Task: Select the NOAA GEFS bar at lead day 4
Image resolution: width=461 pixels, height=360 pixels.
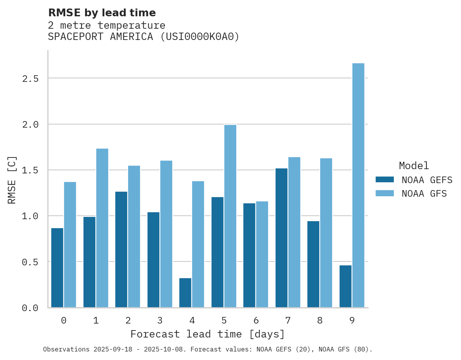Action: pyautogui.click(x=185, y=292)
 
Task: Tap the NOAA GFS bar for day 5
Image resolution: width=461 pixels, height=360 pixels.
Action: pyautogui.click(x=230, y=216)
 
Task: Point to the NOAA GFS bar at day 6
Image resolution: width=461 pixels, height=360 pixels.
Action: pyautogui.click(x=262, y=254)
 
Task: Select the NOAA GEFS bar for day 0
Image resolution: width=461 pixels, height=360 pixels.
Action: pyautogui.click(x=57, y=267)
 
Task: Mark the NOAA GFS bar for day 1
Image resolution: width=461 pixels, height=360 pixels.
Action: pyautogui.click(x=102, y=228)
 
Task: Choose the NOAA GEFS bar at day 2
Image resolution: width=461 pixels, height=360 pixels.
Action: pyautogui.click(x=121, y=249)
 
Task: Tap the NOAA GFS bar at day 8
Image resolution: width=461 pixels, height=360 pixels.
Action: pyautogui.click(x=326, y=232)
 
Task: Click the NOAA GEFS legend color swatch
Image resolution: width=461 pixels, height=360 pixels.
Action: pyautogui.click(x=385, y=180)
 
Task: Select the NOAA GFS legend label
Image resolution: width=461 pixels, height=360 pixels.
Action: pyautogui.click(x=424, y=194)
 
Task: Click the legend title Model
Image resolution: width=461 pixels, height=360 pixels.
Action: pyautogui.click(x=414, y=166)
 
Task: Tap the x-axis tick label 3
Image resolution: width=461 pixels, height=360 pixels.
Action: pyautogui.click(x=159, y=320)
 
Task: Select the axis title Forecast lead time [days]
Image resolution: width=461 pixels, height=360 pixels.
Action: pyautogui.click(x=208, y=334)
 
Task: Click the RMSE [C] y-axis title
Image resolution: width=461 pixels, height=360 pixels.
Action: pyautogui.click(x=12, y=179)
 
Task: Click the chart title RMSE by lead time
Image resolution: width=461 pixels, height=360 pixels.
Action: pyautogui.click(x=102, y=13)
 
